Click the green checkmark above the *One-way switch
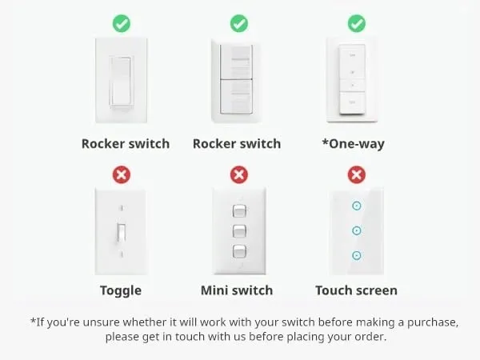point(357,23)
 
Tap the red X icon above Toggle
point(122,174)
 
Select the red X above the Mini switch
point(239,174)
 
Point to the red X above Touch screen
point(357,174)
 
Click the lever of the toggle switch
point(122,234)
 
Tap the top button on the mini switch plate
point(239,211)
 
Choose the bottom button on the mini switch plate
point(239,252)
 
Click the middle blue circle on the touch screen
point(357,230)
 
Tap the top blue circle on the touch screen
point(357,206)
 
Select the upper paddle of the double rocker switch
point(236,62)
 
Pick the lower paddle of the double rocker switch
point(236,97)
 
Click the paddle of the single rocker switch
point(122,81)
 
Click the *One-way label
point(354,144)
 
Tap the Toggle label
point(121,291)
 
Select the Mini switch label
point(237,290)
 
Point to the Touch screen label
point(356,290)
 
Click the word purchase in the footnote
point(433,322)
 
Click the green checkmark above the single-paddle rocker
point(122,23)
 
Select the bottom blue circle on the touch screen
point(357,255)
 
